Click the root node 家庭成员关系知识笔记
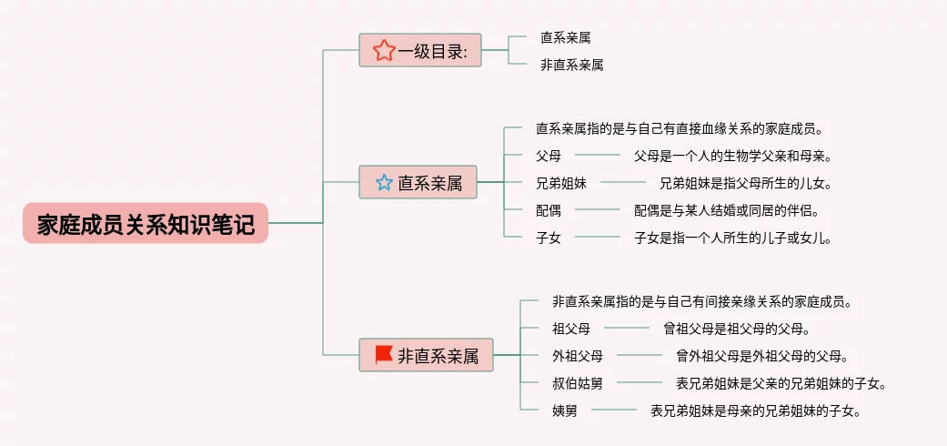pos(146,223)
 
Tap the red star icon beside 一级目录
pos(384,51)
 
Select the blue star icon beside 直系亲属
pos(384,183)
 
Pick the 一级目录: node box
pos(420,51)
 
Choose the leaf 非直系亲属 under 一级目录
pos(571,65)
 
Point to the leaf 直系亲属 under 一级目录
pos(565,37)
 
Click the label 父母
pos(549,156)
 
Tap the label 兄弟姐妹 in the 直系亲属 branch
pos(561,183)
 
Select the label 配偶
pos(549,210)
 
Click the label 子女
pos(549,238)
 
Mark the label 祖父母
pos(570,329)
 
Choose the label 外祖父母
pos(577,356)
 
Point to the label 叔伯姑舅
pos(577,383)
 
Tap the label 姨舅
pos(564,411)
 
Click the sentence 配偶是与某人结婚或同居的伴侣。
pos(728,210)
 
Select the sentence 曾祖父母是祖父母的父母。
pos(736,329)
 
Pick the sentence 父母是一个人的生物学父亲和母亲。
pos(733,156)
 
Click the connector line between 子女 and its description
pos(597,238)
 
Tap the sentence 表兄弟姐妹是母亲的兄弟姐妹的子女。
pos(755,411)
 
